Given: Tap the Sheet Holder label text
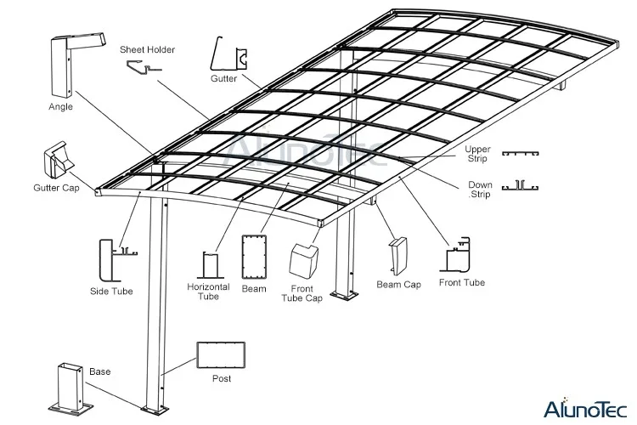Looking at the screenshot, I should click(x=147, y=50).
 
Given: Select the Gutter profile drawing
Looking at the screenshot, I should click(x=229, y=57).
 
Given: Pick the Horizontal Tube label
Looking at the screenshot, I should click(x=208, y=292).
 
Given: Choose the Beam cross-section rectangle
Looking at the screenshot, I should click(x=254, y=258).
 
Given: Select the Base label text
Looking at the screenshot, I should click(x=99, y=371).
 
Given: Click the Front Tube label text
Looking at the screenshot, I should click(x=462, y=282).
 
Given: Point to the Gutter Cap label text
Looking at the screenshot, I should click(x=56, y=187).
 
